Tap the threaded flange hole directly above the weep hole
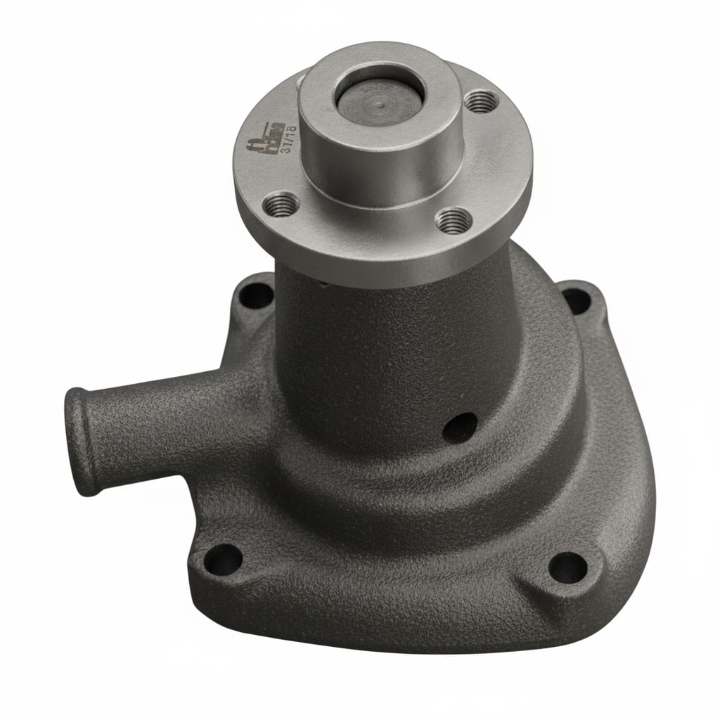coord(452,220)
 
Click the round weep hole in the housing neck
coord(459,427)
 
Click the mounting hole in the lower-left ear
coord(224,559)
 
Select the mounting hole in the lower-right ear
coord(567,567)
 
